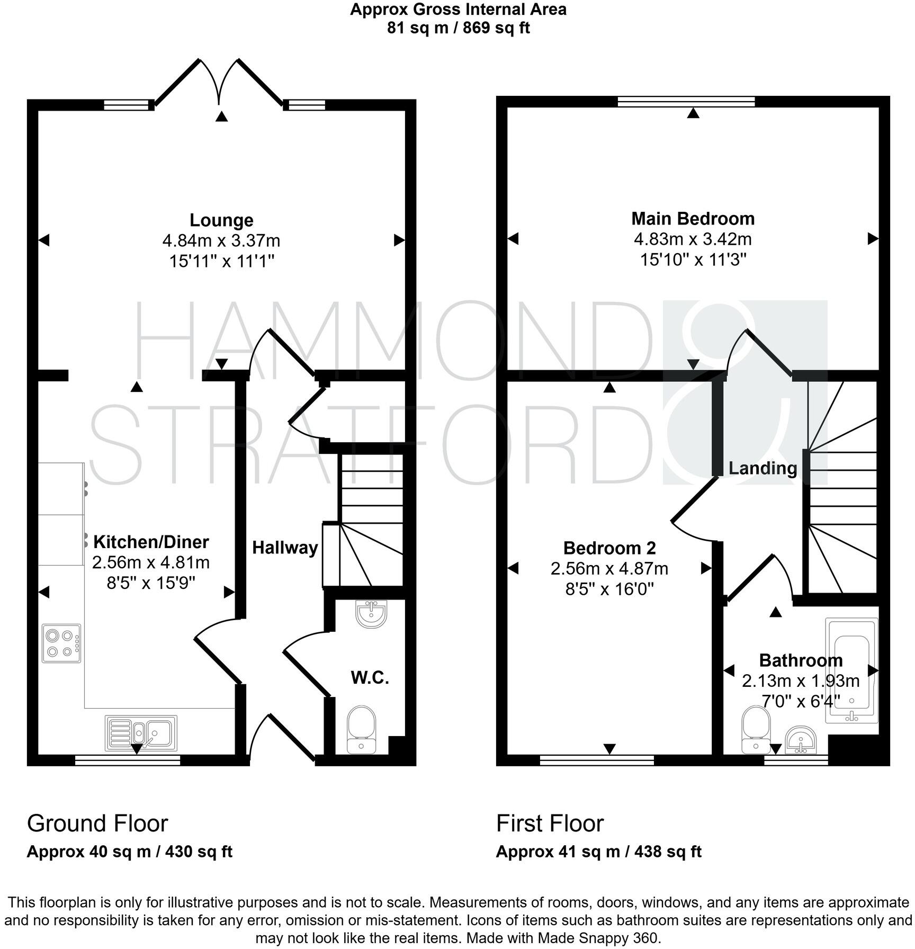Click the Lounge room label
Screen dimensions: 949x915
[221, 220]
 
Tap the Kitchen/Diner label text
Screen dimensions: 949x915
[151, 542]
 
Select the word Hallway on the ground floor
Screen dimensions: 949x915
[285, 548]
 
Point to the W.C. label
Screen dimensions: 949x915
[370, 677]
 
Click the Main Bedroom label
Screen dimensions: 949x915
[693, 218]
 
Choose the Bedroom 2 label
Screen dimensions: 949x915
[609, 548]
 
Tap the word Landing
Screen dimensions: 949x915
[762, 468]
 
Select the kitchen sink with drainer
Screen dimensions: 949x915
[141, 733]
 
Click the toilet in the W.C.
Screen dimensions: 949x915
[362, 729]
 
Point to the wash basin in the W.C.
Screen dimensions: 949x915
[372, 614]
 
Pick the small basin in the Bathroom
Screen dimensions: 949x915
[800, 740]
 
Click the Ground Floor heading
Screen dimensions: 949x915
[97, 823]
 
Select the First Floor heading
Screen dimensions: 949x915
[550, 823]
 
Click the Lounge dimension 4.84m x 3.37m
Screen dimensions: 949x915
[221, 241]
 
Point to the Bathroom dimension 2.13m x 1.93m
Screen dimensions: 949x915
[801, 681]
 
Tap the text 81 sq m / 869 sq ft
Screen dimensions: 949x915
[458, 27]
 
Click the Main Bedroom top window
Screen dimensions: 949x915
[686, 101]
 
